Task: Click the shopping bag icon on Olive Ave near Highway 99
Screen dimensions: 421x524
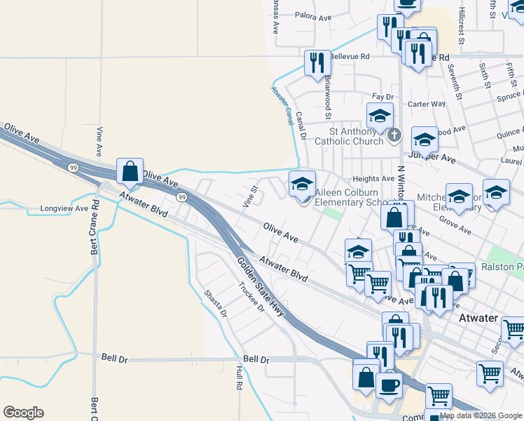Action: [x=130, y=171]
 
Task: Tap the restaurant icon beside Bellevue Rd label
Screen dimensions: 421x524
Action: [x=317, y=63]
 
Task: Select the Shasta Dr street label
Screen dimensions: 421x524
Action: [x=216, y=303]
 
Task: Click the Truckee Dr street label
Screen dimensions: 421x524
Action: [x=250, y=298]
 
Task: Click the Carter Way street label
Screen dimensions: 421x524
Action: [x=427, y=104]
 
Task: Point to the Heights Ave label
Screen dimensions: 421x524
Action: [x=373, y=179]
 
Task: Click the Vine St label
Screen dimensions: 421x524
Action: [x=250, y=196]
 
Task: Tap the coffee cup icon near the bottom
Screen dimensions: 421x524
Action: [x=389, y=385]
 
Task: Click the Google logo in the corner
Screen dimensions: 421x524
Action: [x=23, y=413]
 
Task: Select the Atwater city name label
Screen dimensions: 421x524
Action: [x=478, y=318]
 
